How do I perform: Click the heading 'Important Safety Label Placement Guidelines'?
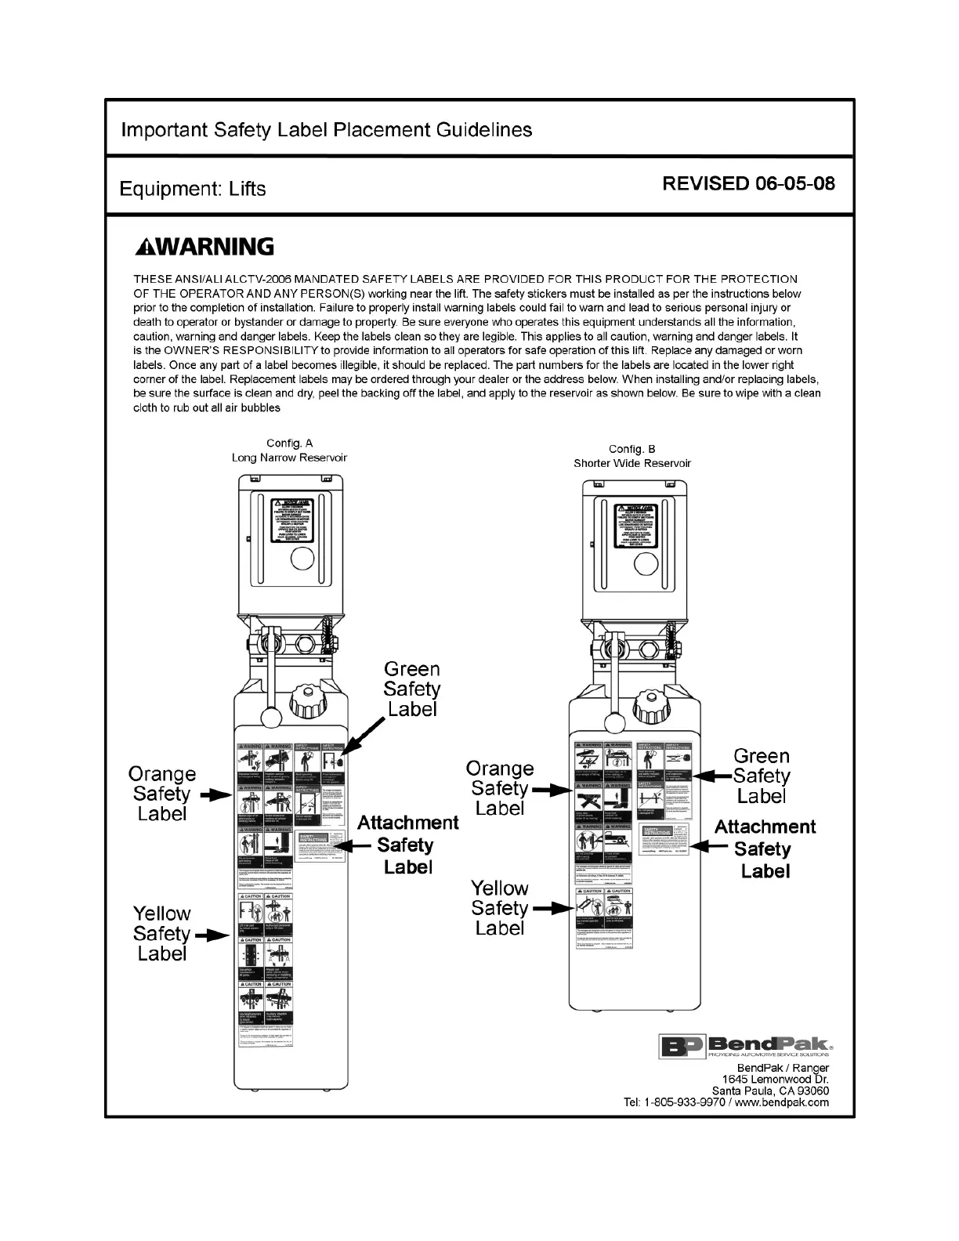pos(326,130)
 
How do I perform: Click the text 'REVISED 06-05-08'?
pos(748,184)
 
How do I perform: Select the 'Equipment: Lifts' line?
pos(193,189)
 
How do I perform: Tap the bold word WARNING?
pos(204,248)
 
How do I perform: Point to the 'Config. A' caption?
pos(289,443)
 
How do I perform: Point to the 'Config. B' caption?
pos(631,449)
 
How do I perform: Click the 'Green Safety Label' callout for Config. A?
pos(411,689)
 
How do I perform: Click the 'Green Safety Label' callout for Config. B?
pos(761,776)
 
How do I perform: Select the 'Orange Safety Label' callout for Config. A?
pos(162,794)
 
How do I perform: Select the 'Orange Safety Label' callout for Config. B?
pos(500,788)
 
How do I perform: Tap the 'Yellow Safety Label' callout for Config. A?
pos(162,933)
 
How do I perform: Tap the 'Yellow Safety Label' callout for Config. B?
pos(500,908)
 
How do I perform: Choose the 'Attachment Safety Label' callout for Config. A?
pos(407,845)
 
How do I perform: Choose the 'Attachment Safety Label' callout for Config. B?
pos(765,848)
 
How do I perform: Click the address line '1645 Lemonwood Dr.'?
pos(775,1080)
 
